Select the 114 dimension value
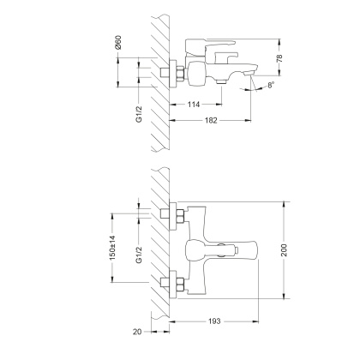coord(196,105)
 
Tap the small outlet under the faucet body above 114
coord(221,84)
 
